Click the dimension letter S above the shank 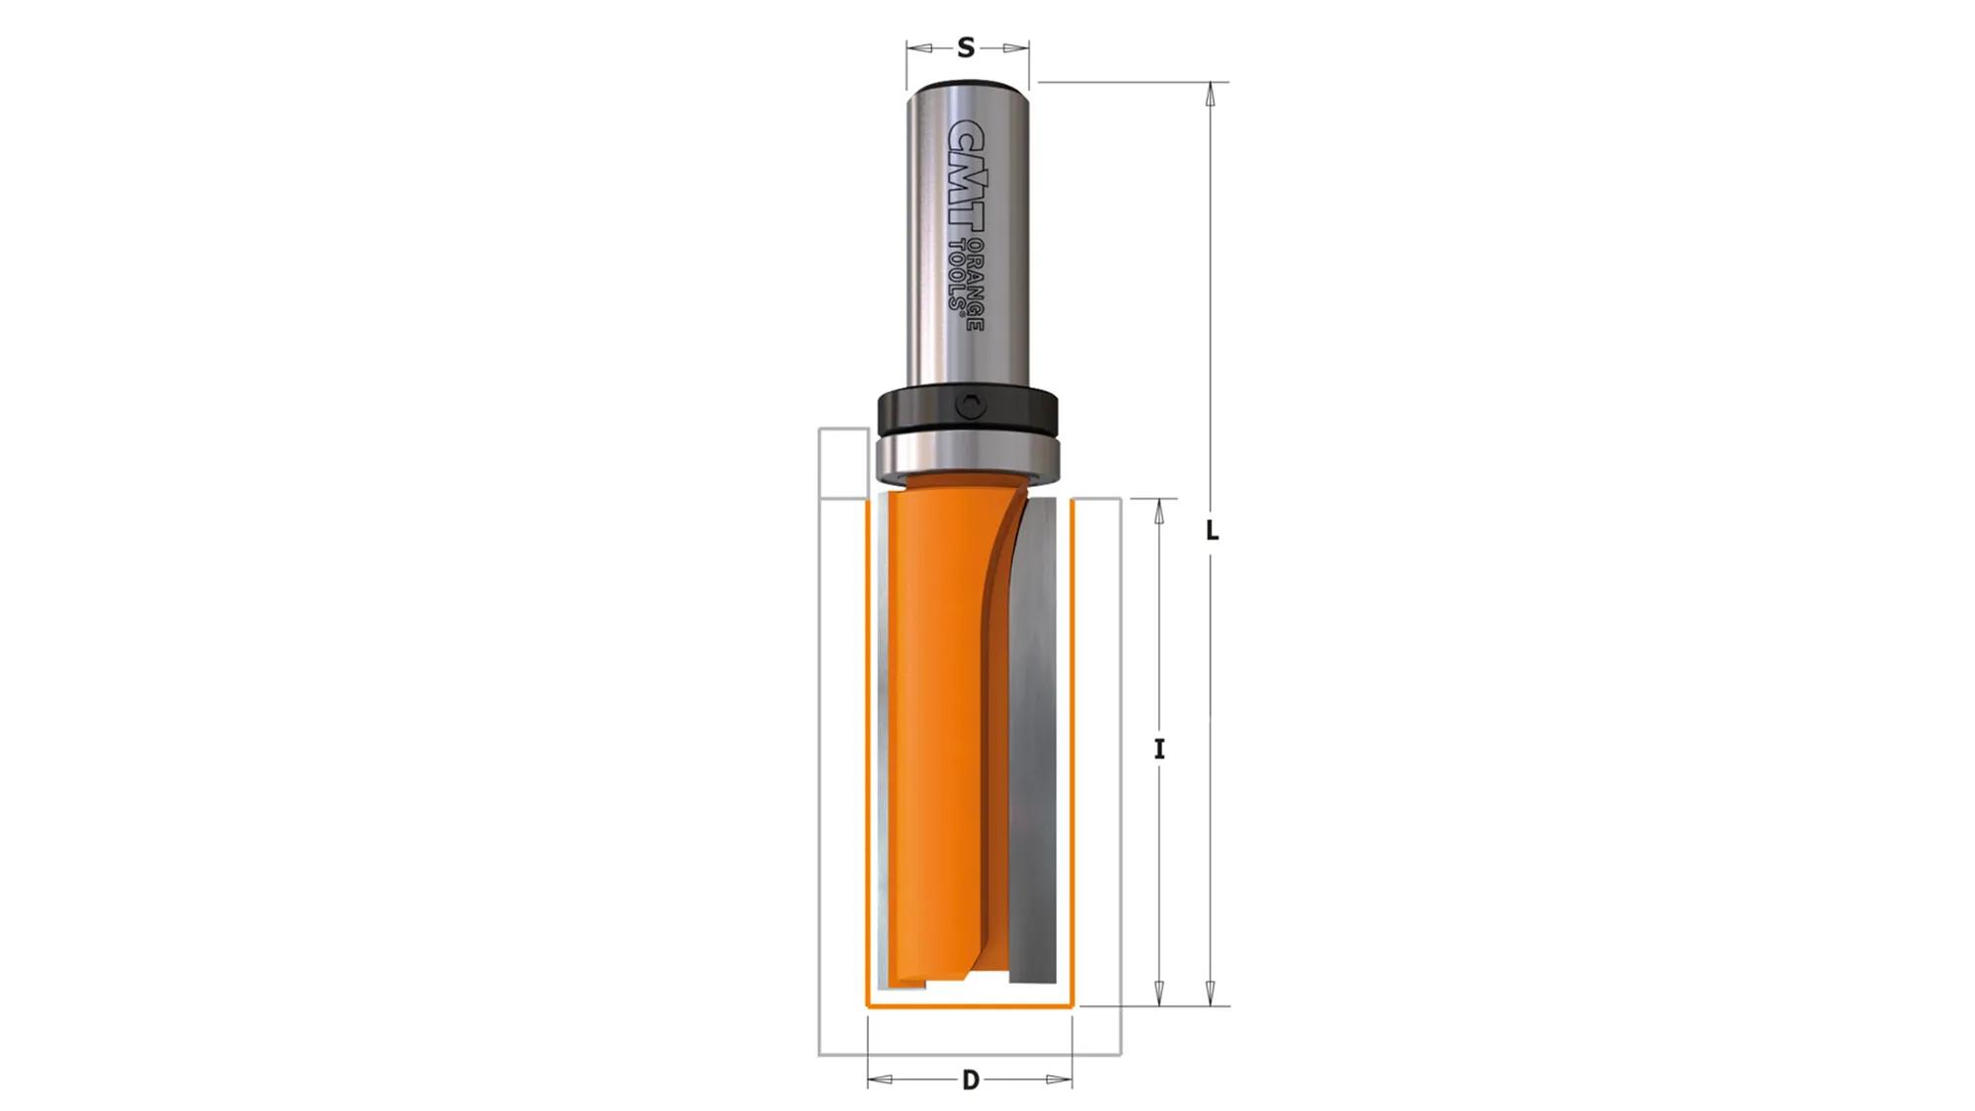tap(966, 47)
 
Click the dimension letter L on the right tap(1212, 531)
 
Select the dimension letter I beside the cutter tap(1159, 750)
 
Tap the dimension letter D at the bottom tap(971, 1080)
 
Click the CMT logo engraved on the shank tap(965, 179)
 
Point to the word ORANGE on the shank tap(975, 285)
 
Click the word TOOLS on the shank tap(956, 276)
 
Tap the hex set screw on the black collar tap(972, 407)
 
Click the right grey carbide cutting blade tap(1033, 741)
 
